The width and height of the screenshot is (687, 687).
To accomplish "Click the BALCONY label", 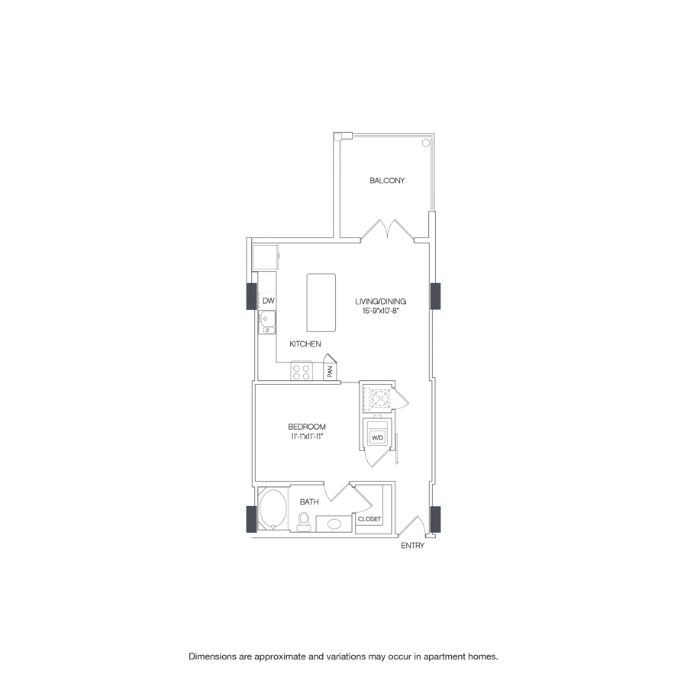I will tap(387, 181).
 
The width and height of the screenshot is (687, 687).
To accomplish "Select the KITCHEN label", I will tap(305, 344).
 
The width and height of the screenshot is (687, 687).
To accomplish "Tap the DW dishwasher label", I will tap(268, 302).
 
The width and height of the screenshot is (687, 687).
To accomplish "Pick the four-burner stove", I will tap(301, 372).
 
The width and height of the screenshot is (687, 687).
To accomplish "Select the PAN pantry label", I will tap(330, 372).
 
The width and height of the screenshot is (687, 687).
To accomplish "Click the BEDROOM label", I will tap(307, 427).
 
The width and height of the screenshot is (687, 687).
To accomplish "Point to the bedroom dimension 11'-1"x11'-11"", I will tap(307, 437).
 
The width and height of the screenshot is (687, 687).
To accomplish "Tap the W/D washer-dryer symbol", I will tap(378, 437).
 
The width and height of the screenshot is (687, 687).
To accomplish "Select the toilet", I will tap(304, 521).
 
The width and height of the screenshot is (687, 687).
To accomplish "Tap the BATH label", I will tap(309, 502).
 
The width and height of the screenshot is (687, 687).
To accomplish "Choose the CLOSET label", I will tap(369, 520).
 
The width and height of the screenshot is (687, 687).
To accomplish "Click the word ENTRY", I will tap(412, 546).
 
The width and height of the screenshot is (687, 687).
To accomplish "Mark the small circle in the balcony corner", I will tap(426, 143).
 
